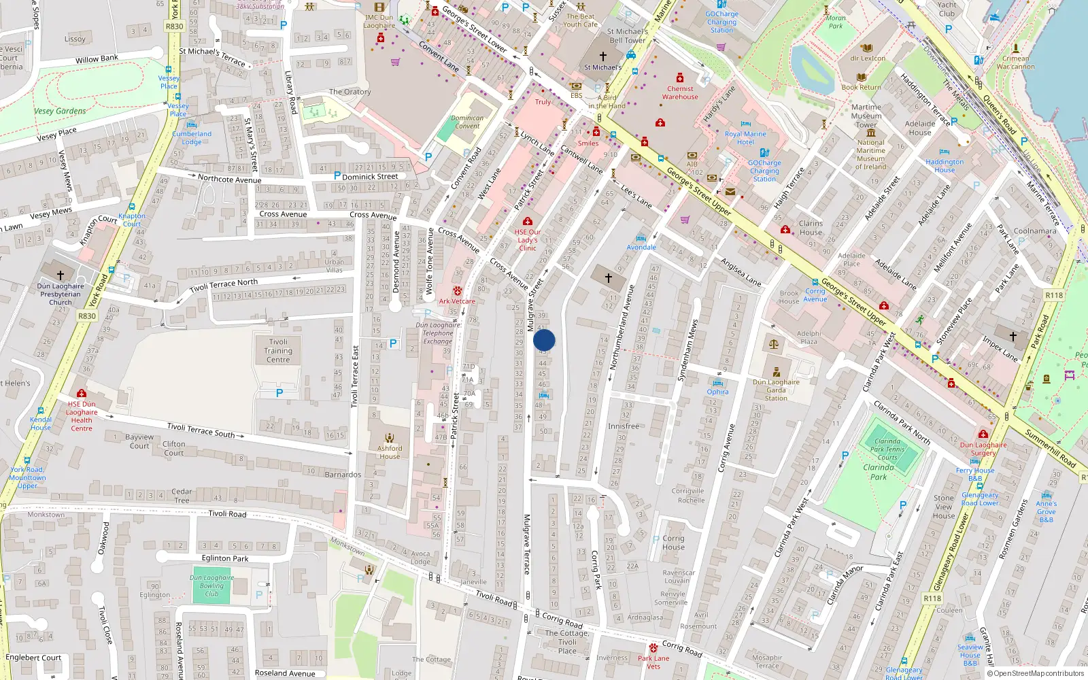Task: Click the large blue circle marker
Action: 544,340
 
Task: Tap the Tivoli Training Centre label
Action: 278,351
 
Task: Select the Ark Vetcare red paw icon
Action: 457,290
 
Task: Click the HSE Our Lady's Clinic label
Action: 528,240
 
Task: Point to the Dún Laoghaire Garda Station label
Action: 776,390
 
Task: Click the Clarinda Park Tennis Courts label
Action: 887,449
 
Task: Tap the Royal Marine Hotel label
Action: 745,138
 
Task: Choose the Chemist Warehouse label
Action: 680,92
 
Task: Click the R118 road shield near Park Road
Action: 1053,295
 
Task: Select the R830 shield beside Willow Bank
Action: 175,27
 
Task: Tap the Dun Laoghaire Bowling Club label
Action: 211,585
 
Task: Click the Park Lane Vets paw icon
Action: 653,647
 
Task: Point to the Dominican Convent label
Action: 467,122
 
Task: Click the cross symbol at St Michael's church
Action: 602,56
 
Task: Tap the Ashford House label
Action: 390,452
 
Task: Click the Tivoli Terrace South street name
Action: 201,430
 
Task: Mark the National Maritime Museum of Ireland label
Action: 870,154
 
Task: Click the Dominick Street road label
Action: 370,176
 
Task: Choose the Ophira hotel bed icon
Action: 717,383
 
